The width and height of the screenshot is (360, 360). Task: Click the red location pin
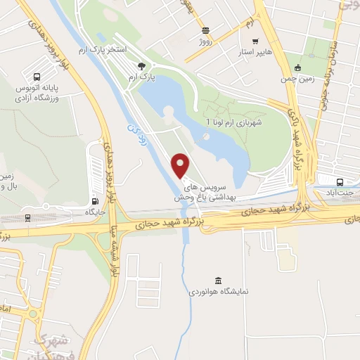pyautogui.click(x=181, y=165)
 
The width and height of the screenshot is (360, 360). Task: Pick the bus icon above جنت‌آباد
pyautogui.click(x=341, y=179)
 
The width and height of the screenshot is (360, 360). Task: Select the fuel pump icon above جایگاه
pyautogui.click(x=94, y=200)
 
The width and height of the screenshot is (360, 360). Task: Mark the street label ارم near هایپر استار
pyautogui.click(x=247, y=23)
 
